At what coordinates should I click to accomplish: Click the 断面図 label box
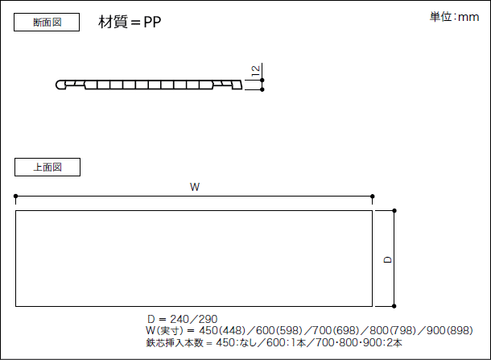pyautogui.click(x=47, y=23)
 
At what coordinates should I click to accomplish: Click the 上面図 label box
pyautogui.click(x=47, y=167)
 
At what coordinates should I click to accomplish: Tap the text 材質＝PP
pyautogui.click(x=130, y=22)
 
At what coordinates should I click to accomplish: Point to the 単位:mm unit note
pyautogui.click(x=454, y=17)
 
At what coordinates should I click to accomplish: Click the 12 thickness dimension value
pyautogui.click(x=256, y=71)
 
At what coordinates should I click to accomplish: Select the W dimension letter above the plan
pyautogui.click(x=195, y=187)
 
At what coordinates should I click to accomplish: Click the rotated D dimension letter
pyautogui.click(x=388, y=260)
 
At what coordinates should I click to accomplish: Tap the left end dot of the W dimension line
pyautogui.click(x=15, y=197)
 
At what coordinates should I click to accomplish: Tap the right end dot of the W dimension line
pyautogui.click(x=373, y=197)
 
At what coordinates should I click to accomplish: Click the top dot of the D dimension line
pyautogui.click(x=394, y=210)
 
